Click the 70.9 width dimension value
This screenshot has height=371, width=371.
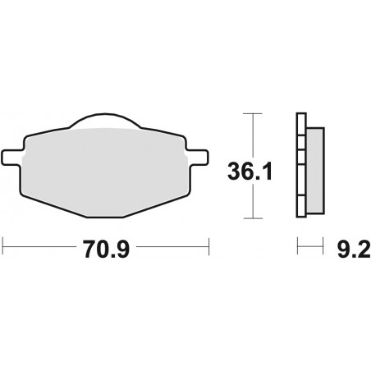point(106,249)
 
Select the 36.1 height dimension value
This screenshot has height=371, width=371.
point(250,172)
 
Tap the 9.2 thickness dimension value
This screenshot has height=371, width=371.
point(354,249)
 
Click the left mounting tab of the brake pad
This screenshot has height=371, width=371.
point(12,158)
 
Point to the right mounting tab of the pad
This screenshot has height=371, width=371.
point(198,158)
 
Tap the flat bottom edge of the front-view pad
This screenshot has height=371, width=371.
point(105,218)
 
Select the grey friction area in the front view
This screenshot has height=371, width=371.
point(105,171)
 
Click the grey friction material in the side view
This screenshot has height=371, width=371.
point(315,170)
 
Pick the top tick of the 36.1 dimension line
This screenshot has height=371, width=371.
point(253,113)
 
